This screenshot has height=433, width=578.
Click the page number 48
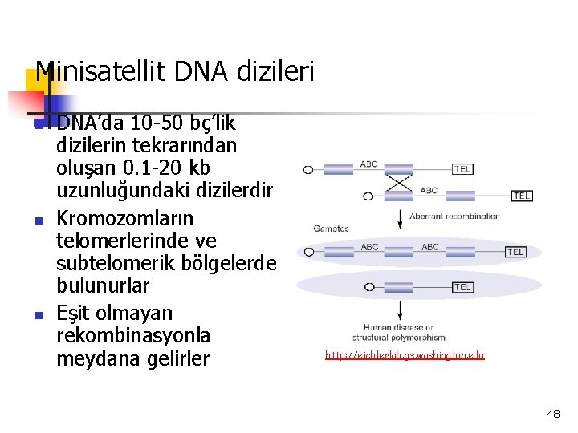click(553, 414)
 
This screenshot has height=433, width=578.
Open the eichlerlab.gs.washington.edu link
click(405, 354)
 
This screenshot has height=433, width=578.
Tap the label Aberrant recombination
click(454, 216)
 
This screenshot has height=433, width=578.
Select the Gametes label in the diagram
click(331, 229)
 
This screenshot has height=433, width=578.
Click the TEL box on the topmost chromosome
click(462, 169)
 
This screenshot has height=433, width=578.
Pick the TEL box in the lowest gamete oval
click(462, 286)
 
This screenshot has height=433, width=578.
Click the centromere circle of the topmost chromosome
click(308, 170)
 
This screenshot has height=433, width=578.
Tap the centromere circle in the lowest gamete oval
click(370, 286)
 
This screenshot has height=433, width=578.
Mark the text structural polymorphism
click(399, 338)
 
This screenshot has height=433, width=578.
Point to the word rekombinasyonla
click(133, 334)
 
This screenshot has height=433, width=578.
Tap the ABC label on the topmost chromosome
click(368, 164)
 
